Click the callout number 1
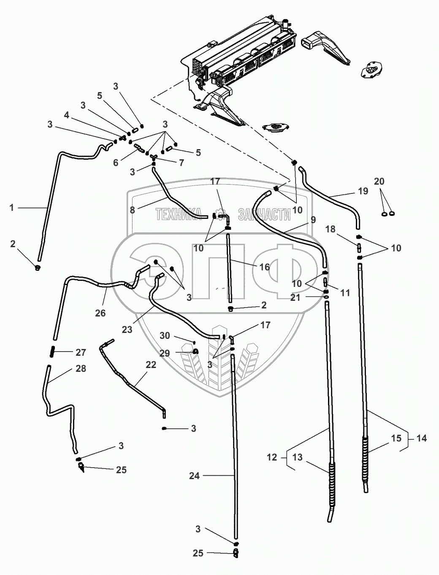pyautogui.click(x=12, y=207)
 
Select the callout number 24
pyautogui.click(x=194, y=476)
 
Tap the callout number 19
pyautogui.click(x=363, y=191)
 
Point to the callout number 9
pyautogui.click(x=313, y=220)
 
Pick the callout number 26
pyautogui.click(x=100, y=313)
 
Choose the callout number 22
pyautogui.click(x=151, y=365)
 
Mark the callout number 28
pyautogui.click(x=81, y=368)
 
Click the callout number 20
pyautogui.click(x=379, y=181)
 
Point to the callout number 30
pyautogui.click(x=165, y=335)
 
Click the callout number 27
pyautogui.click(x=81, y=352)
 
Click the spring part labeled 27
pyautogui.click(x=53, y=351)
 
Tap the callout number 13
pyautogui.click(x=298, y=457)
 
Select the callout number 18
pyautogui.click(x=331, y=229)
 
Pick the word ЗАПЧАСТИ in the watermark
pyautogui.click(x=264, y=215)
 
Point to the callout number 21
pyautogui.click(x=295, y=297)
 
